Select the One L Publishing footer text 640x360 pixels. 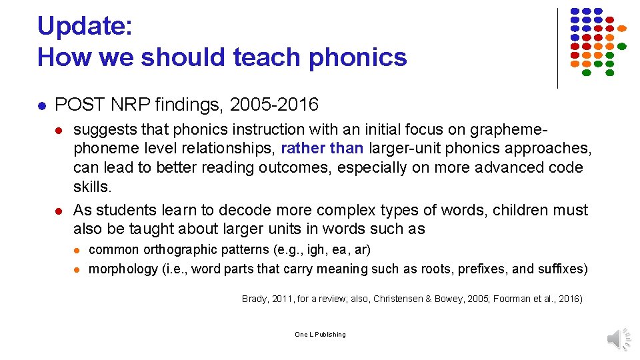320,334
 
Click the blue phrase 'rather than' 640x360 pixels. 323,148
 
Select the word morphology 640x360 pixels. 123,269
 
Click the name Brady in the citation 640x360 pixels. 256,299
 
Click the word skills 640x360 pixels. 91,187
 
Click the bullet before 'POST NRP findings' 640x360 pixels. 41,105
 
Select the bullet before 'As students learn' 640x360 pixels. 59,211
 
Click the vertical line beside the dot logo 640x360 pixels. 557,47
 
